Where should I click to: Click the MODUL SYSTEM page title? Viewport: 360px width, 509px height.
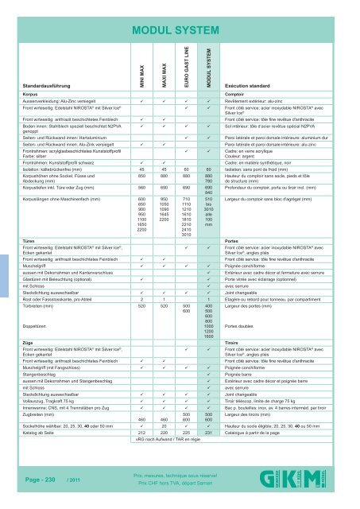coord(180,32)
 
